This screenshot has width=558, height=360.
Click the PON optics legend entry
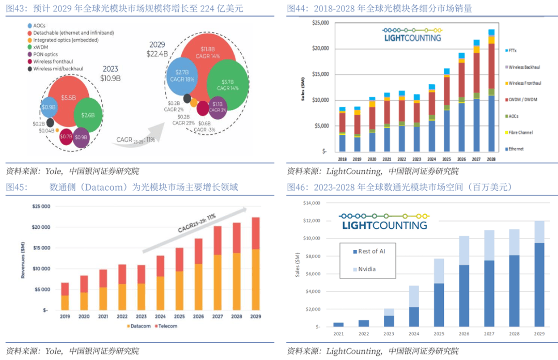(47, 54)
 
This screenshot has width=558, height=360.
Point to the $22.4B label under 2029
(157, 54)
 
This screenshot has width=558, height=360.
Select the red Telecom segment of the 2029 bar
(255, 233)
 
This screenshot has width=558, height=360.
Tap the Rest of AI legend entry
(371, 252)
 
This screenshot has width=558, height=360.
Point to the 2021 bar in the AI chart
(338, 324)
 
